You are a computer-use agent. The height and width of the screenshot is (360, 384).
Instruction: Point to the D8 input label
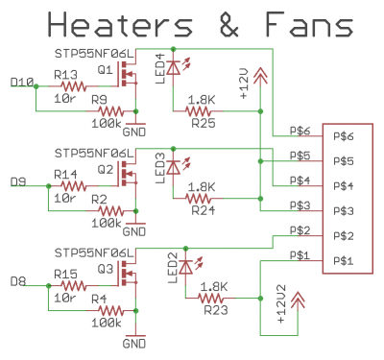pyautogui.click(x=16, y=280)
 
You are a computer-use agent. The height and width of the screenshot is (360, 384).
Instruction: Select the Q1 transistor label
pyautogui.click(x=106, y=70)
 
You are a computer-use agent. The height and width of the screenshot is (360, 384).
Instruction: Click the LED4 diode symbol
pyautogui.click(x=173, y=67)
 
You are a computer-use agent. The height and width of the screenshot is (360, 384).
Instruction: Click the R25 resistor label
pyautogui.click(x=203, y=123)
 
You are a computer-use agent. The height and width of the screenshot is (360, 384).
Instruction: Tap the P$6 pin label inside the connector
pyautogui.click(x=343, y=137)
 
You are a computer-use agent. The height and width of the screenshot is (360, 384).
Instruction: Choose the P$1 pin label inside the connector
pyautogui.click(x=343, y=261)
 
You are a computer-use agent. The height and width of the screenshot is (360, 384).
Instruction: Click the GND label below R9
pyautogui.click(x=134, y=130)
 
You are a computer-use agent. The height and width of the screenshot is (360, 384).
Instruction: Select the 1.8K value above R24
pyautogui.click(x=203, y=187)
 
